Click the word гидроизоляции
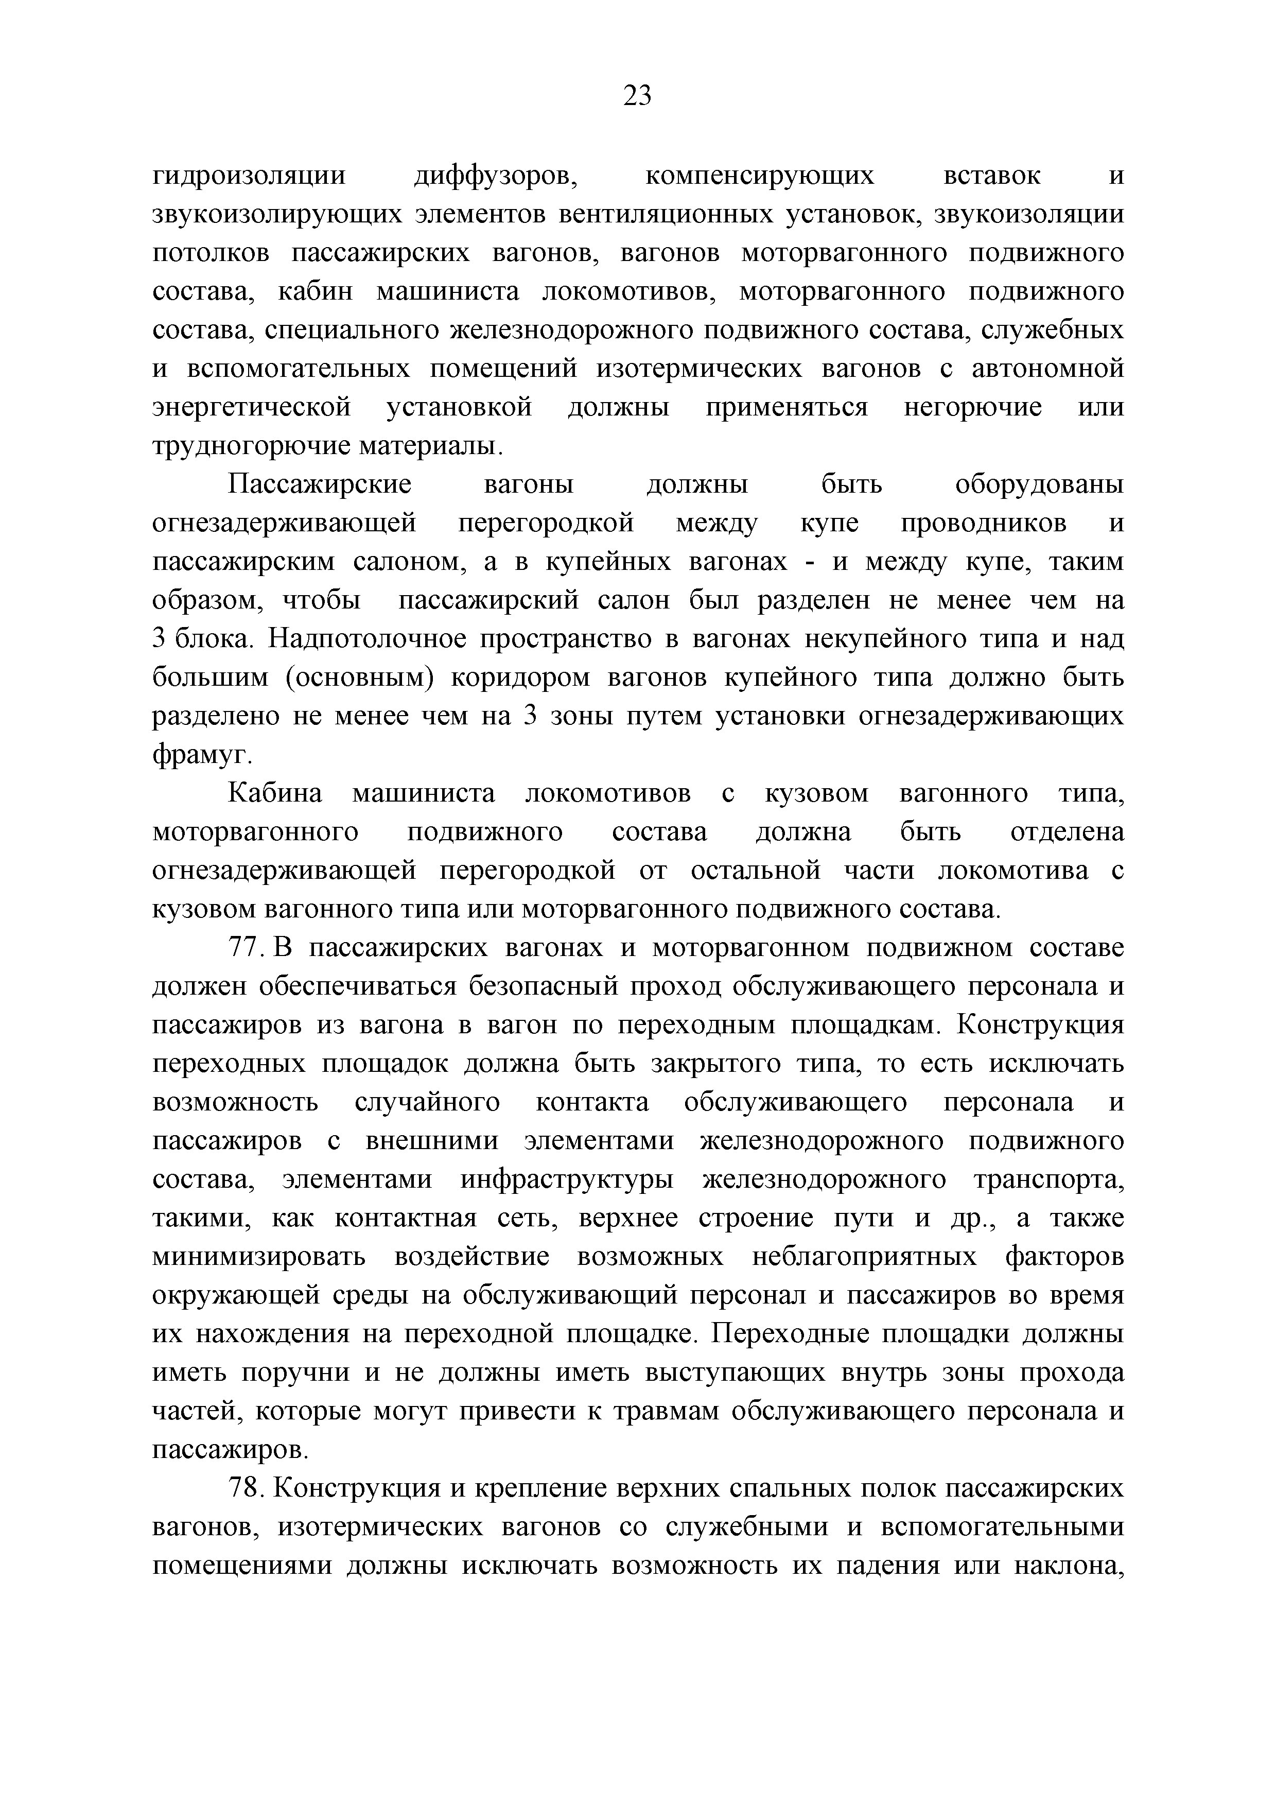[x=249, y=176]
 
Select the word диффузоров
[x=496, y=176]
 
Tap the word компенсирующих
[x=759, y=176]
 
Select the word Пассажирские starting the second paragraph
[x=320, y=484]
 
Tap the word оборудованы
[x=1039, y=484]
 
